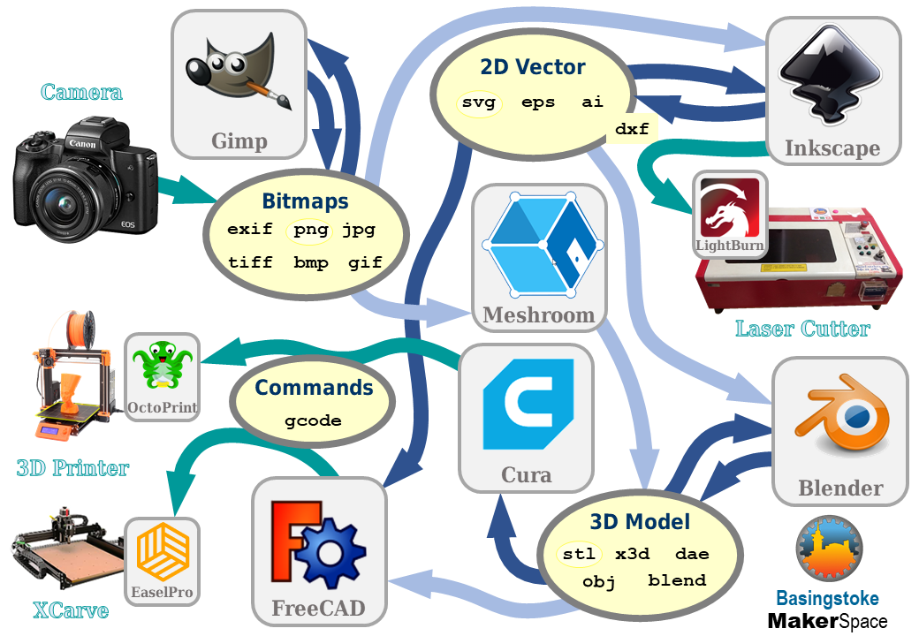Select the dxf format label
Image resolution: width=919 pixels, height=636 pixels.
632,129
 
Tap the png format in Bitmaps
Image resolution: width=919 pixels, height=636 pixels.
311,230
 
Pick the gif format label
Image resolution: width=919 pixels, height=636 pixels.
365,262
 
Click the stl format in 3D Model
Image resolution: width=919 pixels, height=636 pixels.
580,555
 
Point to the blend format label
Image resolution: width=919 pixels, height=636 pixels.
677,580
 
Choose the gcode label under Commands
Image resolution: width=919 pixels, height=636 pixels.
313,420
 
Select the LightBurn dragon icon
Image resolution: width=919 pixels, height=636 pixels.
729,208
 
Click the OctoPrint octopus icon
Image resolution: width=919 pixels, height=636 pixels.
161,366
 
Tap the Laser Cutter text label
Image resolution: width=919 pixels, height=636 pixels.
802,329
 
